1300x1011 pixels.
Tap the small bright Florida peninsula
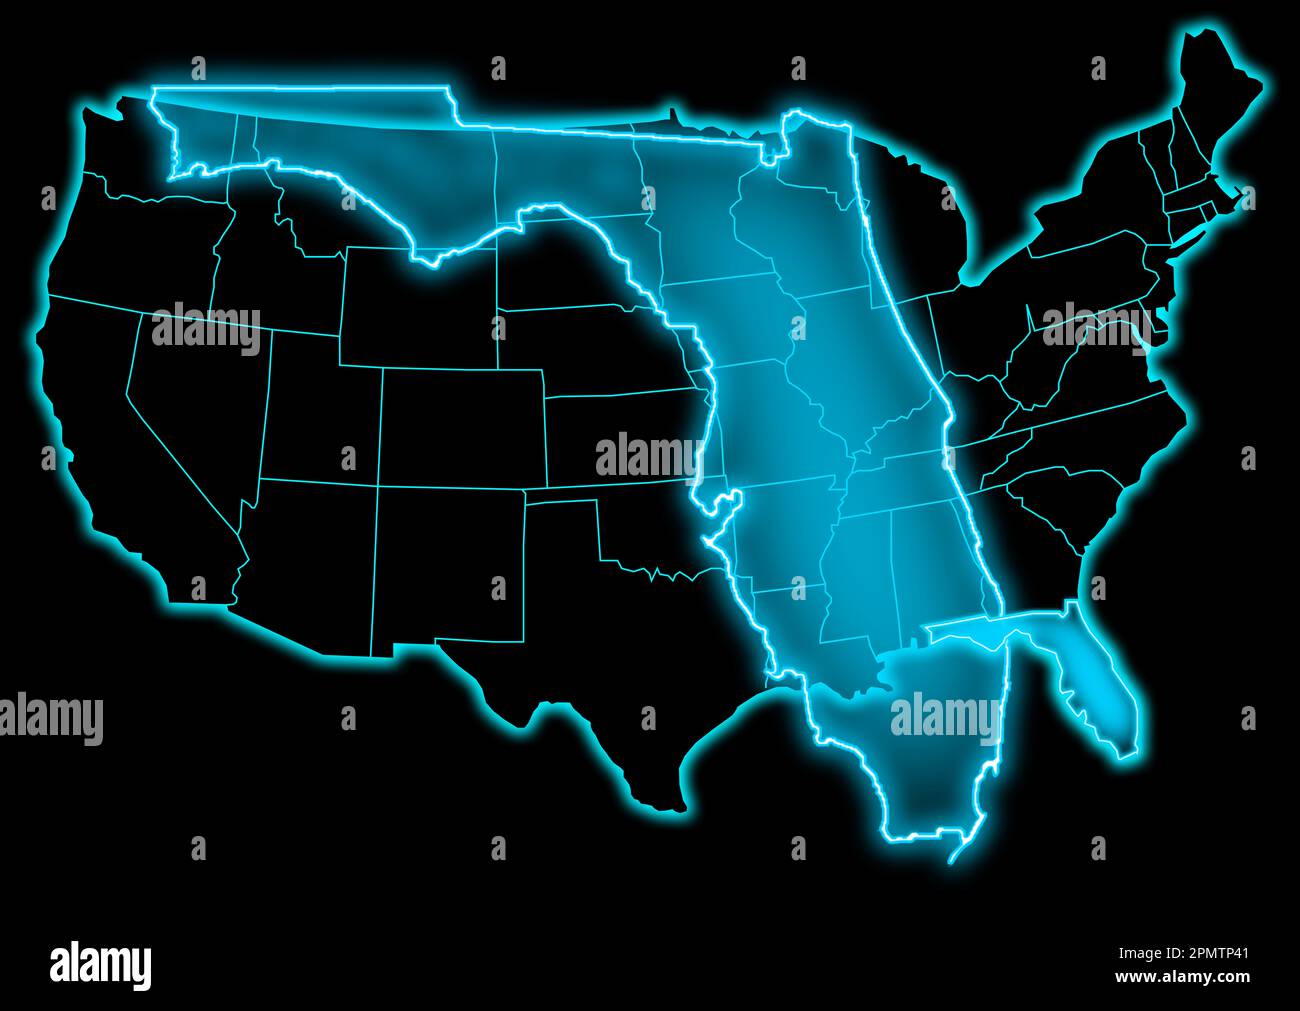coord(1100,690)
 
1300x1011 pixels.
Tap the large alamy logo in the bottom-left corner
coord(100,965)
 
